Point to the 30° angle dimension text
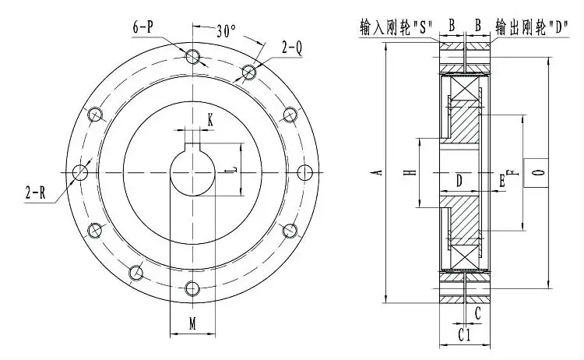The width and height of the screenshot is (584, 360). coord(226,32)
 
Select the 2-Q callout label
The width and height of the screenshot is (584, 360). coord(292,47)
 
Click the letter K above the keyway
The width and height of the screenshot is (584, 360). coord(209,118)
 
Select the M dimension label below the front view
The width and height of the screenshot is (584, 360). coord(192,323)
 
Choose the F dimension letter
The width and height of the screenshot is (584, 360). coord(510,171)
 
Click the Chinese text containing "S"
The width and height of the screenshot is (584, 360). coord(392,26)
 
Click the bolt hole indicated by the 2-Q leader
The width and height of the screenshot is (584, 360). coord(248,72)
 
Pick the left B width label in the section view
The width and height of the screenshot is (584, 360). coord(452,26)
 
